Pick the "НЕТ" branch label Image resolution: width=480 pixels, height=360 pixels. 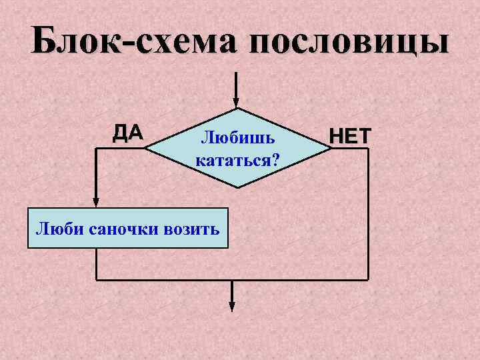(x=349, y=136)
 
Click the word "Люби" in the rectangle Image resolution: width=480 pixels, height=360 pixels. (x=52, y=229)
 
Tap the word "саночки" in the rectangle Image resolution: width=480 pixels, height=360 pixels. (x=116, y=229)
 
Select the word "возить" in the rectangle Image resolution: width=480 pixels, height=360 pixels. (x=191, y=229)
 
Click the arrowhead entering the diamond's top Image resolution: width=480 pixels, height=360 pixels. (x=235, y=103)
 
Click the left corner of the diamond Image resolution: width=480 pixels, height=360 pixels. (x=145, y=149)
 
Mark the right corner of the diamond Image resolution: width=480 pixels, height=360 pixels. (x=327, y=149)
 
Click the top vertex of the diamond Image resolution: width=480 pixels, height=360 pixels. (x=236, y=109)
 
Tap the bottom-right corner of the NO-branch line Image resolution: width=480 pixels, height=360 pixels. (x=368, y=279)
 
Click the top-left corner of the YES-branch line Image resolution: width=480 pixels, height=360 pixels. (x=96, y=149)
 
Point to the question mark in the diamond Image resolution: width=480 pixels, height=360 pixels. (x=275, y=161)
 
